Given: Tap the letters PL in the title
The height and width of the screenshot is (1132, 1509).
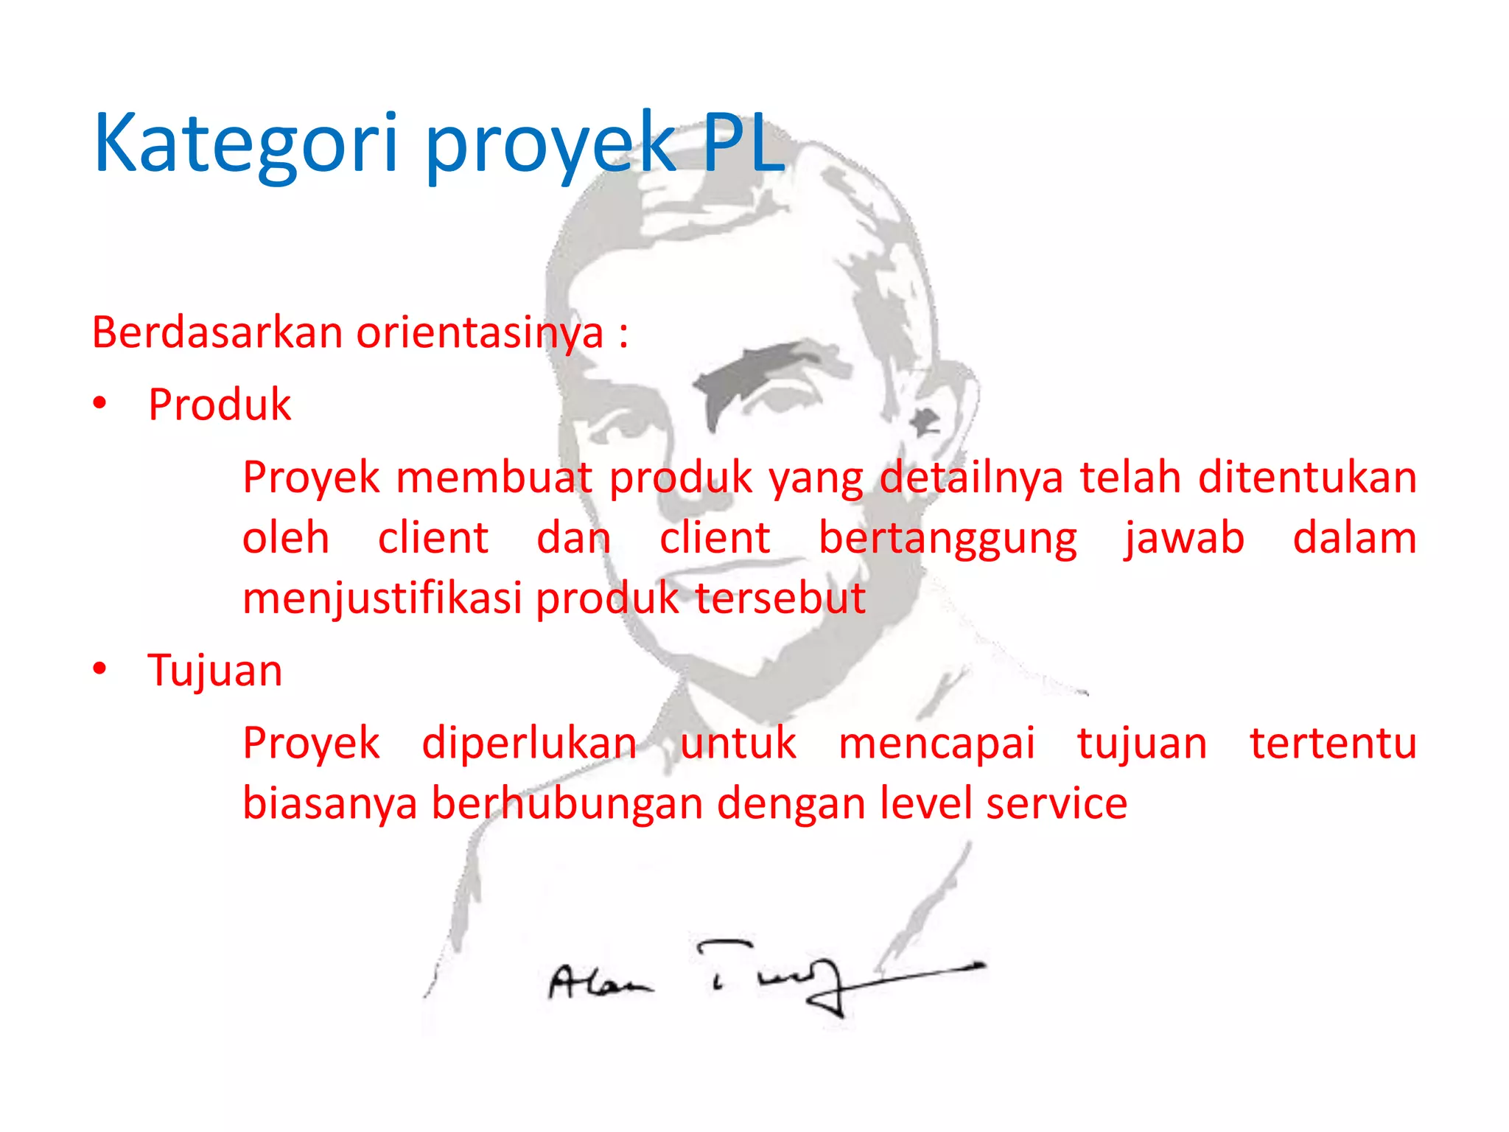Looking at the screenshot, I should (743, 143).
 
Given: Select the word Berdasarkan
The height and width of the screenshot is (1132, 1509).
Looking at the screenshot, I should (217, 332).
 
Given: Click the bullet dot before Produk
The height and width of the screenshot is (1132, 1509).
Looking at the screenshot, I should (100, 404).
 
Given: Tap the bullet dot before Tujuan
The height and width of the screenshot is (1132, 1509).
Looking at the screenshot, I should (100, 669).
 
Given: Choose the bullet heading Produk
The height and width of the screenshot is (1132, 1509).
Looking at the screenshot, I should (220, 405).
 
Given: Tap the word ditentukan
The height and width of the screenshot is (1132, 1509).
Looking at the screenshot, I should (1307, 478).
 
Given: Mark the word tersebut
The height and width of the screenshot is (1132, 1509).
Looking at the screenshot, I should (780, 598).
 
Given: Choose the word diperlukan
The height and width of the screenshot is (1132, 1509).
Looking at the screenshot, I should (529, 743).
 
